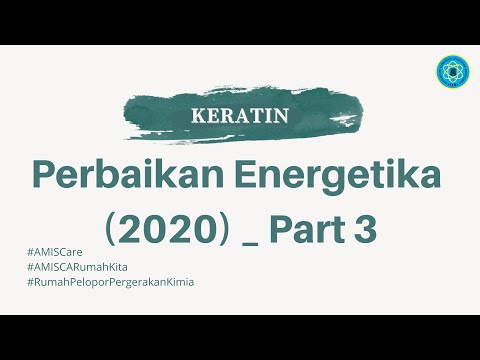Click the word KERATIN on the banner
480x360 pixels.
[240, 115]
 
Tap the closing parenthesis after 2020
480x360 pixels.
[231, 230]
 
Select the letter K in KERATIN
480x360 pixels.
[197, 115]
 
